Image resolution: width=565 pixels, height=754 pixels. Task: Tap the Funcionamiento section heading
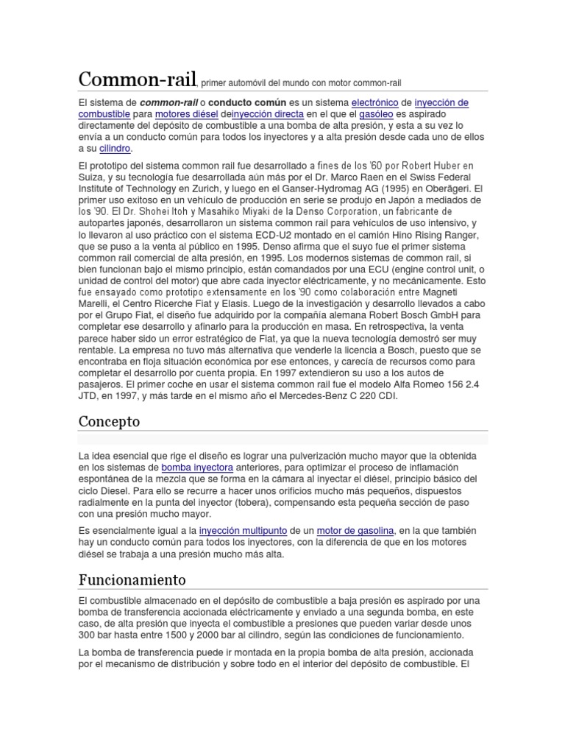(x=132, y=579)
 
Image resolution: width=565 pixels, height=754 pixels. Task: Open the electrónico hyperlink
(x=375, y=102)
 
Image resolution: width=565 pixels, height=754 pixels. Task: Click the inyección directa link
(x=266, y=114)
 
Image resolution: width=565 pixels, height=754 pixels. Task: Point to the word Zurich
(x=218, y=188)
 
